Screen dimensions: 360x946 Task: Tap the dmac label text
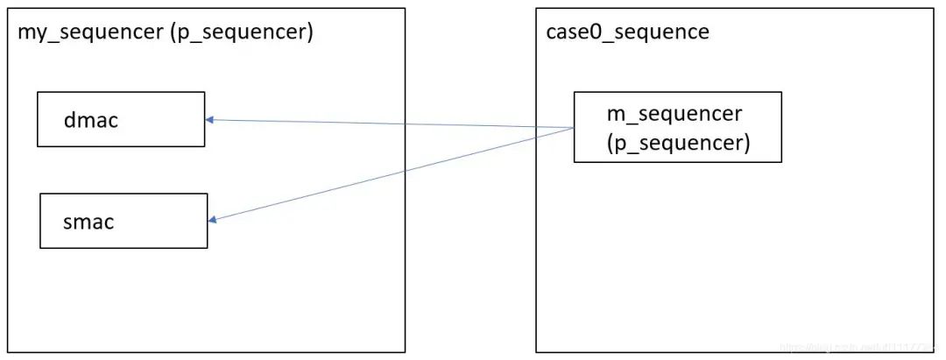(90, 120)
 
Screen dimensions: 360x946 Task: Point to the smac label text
(88, 222)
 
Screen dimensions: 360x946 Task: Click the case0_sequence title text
(626, 32)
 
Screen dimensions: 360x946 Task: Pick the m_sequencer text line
(674, 114)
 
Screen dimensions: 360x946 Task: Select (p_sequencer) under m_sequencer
(677, 142)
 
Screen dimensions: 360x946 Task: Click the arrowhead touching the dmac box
(209, 120)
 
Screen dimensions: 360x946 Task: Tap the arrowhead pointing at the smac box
(213, 220)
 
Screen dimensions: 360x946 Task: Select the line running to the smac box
(394, 174)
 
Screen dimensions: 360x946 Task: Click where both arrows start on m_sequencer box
(574, 128)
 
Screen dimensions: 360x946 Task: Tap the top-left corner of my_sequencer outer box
(9, 9)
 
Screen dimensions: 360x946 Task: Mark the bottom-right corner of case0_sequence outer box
(934, 352)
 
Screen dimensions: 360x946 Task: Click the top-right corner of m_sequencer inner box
(781, 92)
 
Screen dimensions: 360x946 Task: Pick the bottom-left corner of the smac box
(41, 248)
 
